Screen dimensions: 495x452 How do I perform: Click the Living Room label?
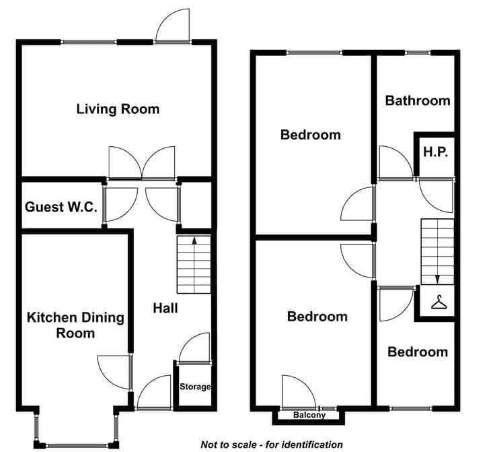click(x=118, y=109)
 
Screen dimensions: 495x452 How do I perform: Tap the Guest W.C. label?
click(x=61, y=207)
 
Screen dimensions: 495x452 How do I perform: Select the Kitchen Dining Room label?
click(x=75, y=325)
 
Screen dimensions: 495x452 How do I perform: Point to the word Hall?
click(x=165, y=309)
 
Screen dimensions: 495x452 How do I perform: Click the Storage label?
click(x=195, y=387)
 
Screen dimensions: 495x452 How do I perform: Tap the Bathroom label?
click(x=418, y=100)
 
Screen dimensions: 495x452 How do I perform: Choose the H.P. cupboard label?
click(x=436, y=152)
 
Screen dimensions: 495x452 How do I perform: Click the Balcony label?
click(x=309, y=415)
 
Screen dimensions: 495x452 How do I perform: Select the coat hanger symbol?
click(x=439, y=302)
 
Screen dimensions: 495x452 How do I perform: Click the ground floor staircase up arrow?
click(x=194, y=240)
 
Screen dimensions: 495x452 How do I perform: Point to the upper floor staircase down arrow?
click(x=437, y=279)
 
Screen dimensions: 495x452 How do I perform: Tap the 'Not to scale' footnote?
click(x=272, y=445)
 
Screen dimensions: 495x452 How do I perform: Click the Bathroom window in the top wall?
click(x=418, y=53)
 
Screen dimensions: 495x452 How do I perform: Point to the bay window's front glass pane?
click(x=77, y=445)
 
